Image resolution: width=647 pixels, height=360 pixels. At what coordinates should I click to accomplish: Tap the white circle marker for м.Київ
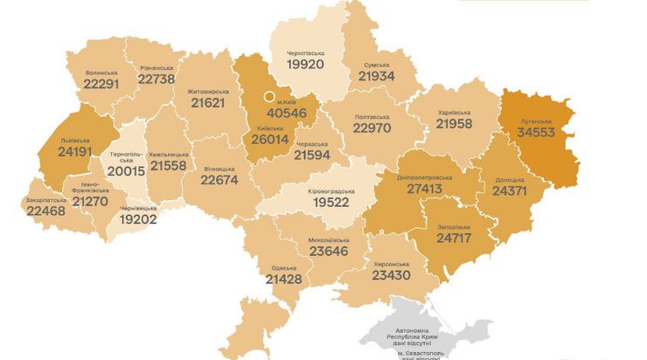pos(270,97)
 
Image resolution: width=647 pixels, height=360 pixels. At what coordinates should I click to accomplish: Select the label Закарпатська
pos(49,198)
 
